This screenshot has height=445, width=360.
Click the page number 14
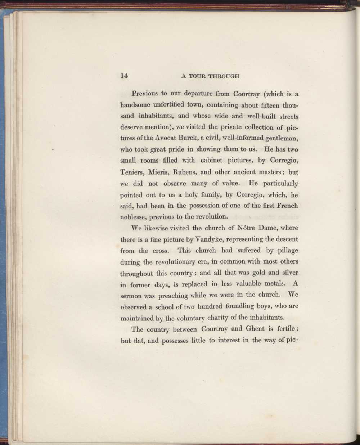click(x=124, y=76)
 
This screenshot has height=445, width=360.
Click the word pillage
click(x=287, y=251)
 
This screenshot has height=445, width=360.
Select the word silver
click(x=288, y=273)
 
